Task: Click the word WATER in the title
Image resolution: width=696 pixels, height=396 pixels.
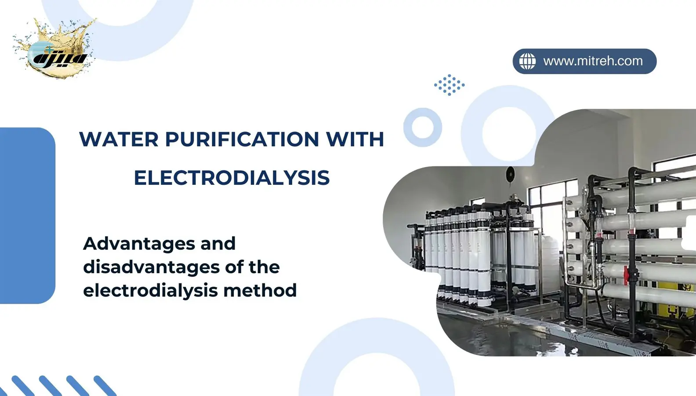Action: point(119,139)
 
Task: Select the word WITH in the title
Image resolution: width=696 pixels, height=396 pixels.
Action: point(355,139)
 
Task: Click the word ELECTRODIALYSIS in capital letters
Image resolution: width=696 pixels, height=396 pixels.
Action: point(232,178)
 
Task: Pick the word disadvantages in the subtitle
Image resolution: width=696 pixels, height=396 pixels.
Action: point(151,267)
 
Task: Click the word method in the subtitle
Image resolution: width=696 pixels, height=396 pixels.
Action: point(260,290)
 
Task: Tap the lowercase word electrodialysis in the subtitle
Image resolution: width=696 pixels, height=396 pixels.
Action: point(150,291)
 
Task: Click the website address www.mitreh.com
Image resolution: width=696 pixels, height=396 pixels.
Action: point(593,61)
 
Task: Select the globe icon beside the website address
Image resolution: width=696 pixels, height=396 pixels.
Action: point(528,61)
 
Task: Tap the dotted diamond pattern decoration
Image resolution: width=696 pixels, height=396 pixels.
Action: point(449,84)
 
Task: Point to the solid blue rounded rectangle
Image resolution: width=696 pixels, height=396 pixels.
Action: point(28,216)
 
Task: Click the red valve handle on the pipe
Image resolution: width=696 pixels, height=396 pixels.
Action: point(626,276)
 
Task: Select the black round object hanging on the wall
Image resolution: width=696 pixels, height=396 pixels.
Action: point(510,174)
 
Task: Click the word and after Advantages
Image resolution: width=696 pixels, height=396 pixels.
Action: point(218,243)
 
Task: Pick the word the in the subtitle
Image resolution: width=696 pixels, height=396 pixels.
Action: point(264,267)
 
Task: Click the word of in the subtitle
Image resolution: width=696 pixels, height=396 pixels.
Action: point(234,267)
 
